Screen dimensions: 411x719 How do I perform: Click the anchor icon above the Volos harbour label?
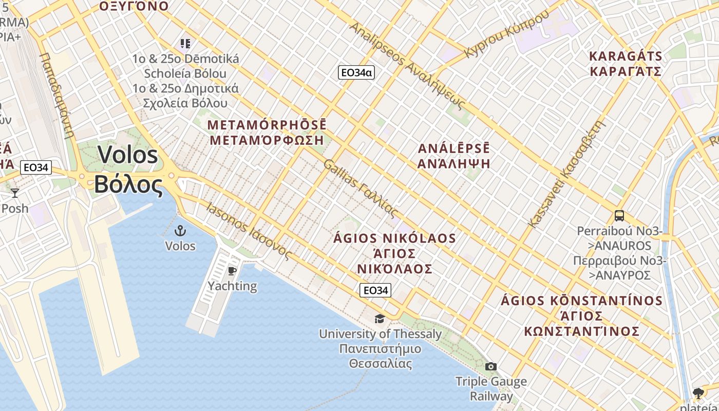tap(180, 230)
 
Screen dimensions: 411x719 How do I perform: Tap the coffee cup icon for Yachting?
tap(232, 271)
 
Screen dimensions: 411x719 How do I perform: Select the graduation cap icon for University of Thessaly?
tap(380, 319)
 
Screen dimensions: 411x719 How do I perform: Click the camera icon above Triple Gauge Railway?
tap(491, 366)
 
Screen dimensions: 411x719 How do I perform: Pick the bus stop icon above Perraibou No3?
tap(619, 216)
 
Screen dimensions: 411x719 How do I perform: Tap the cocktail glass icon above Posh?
tap(15, 193)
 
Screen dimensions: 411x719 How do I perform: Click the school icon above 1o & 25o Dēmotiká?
tap(185, 44)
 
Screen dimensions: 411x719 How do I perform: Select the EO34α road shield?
tap(356, 72)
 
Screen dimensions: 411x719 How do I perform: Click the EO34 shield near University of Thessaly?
tap(375, 290)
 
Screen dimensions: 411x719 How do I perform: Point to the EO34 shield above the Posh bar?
tap(36, 167)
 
